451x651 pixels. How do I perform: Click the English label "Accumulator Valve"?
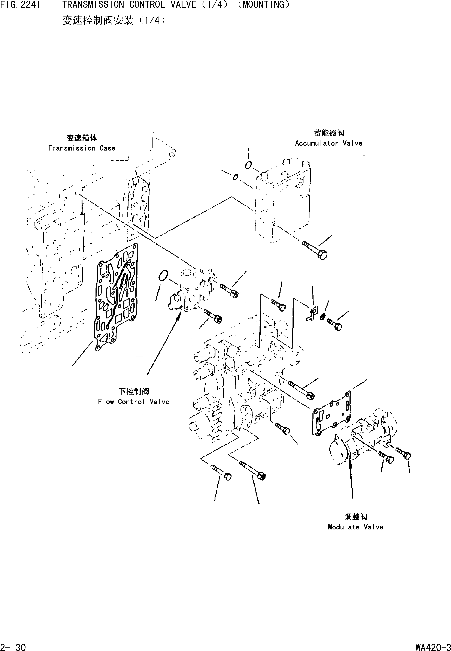click(x=329, y=143)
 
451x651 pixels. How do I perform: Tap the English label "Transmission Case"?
click(x=82, y=148)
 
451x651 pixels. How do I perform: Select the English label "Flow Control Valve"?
click(x=134, y=402)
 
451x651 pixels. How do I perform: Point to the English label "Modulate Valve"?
click(x=355, y=527)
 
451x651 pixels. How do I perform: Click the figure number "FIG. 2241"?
click(x=20, y=5)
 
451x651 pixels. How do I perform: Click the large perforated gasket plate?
click(x=116, y=297)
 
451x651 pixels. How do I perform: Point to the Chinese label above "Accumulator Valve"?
click(x=329, y=133)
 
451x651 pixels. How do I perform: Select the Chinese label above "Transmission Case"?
click(x=82, y=138)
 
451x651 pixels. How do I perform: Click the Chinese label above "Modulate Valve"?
click(x=355, y=517)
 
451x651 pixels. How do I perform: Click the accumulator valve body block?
click(x=283, y=201)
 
